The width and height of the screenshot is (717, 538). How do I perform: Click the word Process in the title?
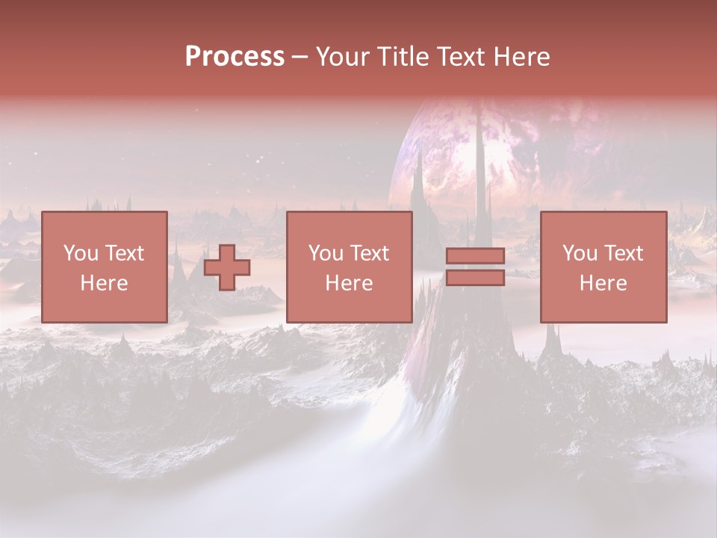click(x=235, y=57)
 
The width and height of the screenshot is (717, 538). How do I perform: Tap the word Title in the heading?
click(x=403, y=57)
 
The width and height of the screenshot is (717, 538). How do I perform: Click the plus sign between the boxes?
click(x=227, y=268)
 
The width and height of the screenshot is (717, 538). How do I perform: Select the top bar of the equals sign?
click(x=475, y=256)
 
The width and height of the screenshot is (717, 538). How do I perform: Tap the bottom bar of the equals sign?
click(x=475, y=278)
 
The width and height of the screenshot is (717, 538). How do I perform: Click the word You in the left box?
click(x=81, y=253)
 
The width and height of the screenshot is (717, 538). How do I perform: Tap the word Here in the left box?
click(x=104, y=283)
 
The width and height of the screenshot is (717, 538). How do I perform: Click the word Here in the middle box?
click(x=349, y=283)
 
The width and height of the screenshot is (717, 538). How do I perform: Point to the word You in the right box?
click(x=580, y=253)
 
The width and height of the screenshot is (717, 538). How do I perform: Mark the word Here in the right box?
click(x=603, y=283)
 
